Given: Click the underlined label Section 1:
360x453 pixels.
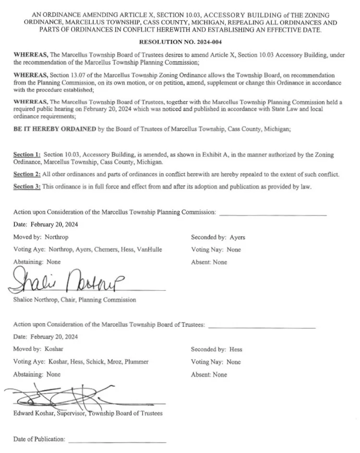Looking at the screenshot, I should point(27,155).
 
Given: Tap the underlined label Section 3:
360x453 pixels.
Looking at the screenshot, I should point(27,187).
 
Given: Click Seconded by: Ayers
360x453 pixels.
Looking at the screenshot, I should point(218,238).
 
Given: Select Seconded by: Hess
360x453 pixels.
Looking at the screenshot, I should point(216,349).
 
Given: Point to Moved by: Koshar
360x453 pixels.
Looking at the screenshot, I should point(38,349).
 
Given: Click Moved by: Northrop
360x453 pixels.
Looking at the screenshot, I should point(41,238).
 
